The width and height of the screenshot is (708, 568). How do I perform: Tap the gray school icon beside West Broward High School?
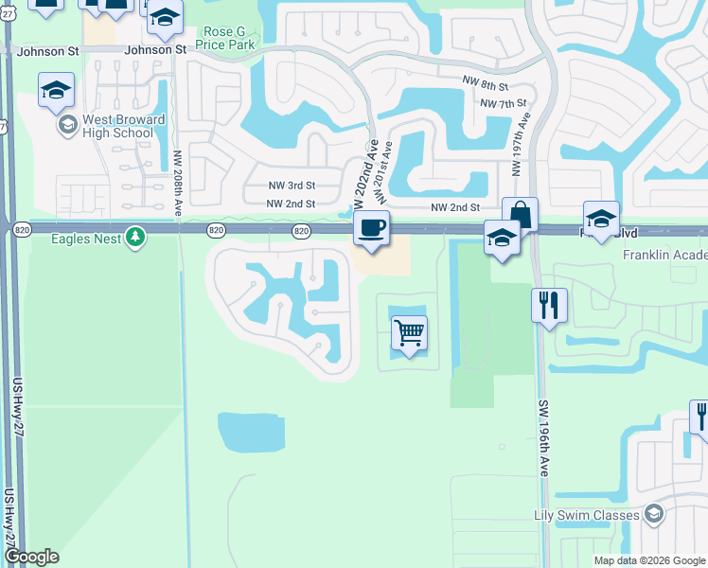67,125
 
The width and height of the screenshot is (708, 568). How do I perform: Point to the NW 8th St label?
486,84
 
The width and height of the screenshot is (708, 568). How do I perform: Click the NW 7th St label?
503,102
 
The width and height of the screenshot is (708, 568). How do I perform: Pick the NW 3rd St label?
291,186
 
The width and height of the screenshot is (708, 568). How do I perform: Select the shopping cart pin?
409,332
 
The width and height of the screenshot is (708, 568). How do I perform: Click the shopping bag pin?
520,214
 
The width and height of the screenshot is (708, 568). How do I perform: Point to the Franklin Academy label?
664,256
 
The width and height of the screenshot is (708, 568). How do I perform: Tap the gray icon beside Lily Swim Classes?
652,513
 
